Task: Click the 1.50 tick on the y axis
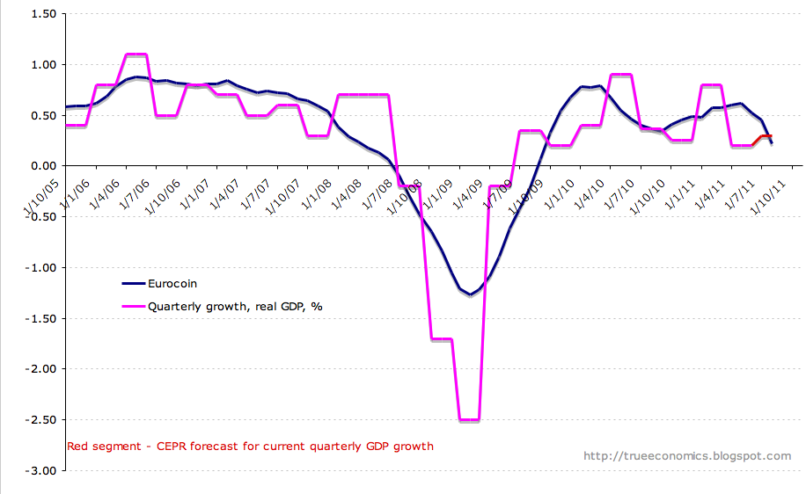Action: [x=43, y=14]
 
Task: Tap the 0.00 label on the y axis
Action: [x=43, y=166]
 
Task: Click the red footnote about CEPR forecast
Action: [x=250, y=447]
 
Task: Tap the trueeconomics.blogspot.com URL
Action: [x=687, y=456]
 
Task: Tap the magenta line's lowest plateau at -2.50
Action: [x=469, y=420]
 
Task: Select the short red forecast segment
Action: [x=765, y=136]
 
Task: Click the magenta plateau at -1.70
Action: [x=441, y=338]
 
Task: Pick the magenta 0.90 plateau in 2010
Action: [x=621, y=75]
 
